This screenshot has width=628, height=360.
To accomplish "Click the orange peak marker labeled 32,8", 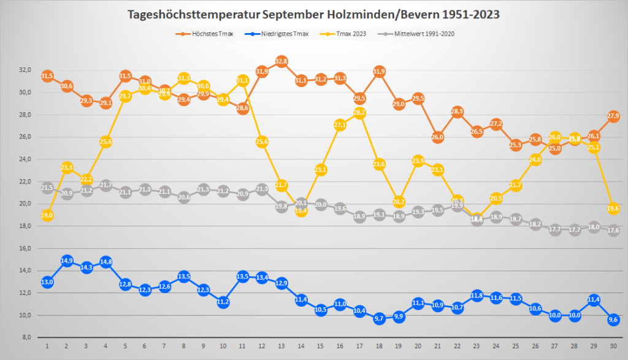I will (281, 61).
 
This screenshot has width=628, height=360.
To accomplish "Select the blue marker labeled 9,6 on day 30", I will (613, 320).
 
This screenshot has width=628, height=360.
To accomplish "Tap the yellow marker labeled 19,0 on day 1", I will (47, 215).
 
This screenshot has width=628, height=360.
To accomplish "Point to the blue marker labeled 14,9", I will (67, 261).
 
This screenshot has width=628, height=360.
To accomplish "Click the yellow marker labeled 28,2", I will (360, 113).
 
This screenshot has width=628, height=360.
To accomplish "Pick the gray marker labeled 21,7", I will (105, 185).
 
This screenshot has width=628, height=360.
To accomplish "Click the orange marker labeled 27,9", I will (613, 116).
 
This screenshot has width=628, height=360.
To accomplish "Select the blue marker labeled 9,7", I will (379, 318).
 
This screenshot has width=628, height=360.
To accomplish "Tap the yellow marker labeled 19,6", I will (613, 209).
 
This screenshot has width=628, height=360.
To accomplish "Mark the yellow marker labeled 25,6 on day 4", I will (105, 142).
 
